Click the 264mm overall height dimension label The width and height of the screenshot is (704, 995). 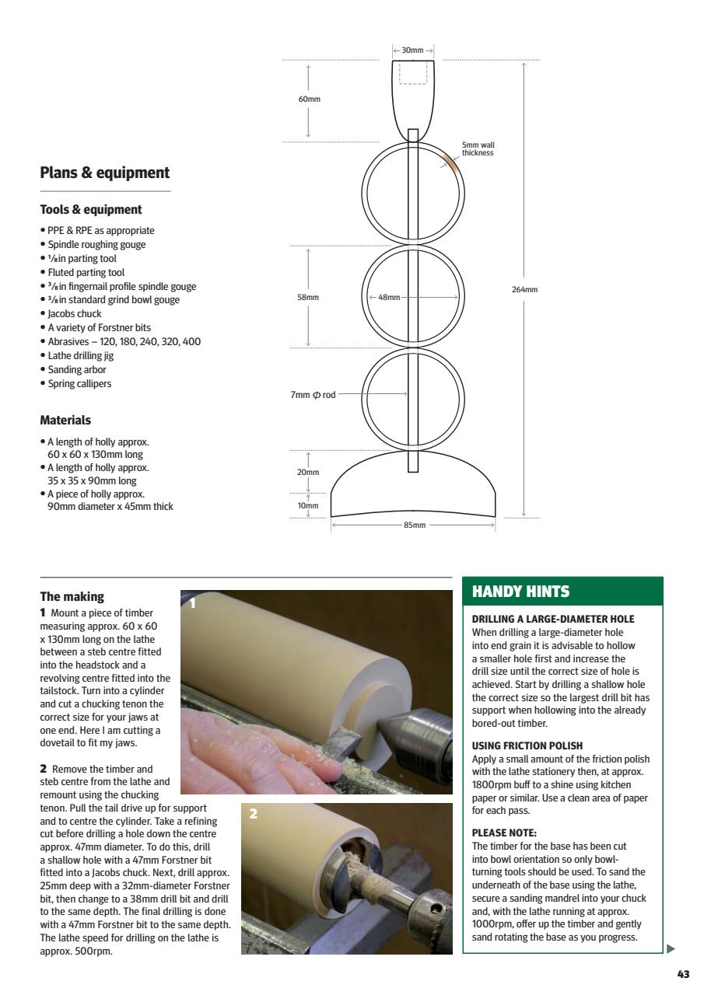525,290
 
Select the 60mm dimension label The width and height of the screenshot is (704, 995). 309,99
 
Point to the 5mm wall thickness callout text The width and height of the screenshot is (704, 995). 478,148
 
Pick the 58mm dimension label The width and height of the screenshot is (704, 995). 309,298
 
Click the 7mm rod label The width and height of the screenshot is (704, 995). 313,395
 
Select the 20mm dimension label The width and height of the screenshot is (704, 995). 309,472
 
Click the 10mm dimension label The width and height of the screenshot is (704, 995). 309,505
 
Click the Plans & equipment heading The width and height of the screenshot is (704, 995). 104,173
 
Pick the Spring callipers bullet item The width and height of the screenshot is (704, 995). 79,383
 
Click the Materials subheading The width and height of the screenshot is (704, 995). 65,421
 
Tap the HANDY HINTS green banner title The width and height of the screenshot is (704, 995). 520,592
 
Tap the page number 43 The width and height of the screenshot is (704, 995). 683,974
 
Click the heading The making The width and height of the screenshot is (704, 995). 72,597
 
